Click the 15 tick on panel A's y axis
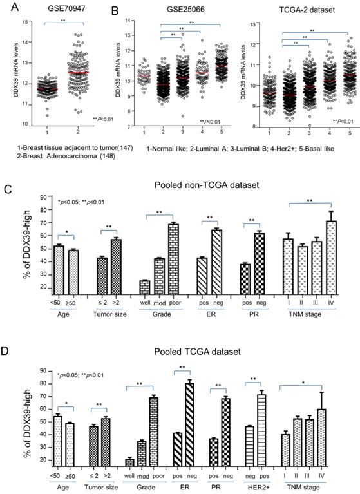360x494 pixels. pos(25,23)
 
